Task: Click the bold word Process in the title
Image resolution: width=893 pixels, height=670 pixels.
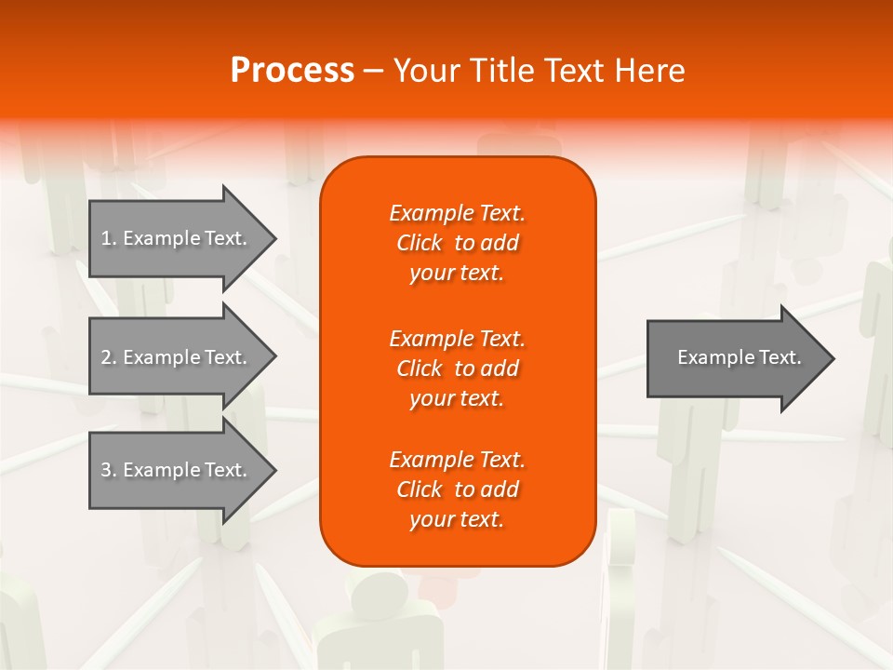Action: tap(292, 70)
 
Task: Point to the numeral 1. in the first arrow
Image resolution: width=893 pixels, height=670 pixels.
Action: tap(108, 238)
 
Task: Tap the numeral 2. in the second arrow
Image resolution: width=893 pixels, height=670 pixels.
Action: tap(108, 357)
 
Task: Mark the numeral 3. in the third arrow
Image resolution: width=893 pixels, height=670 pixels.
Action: tap(108, 470)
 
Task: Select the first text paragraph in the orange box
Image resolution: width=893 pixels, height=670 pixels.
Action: tap(457, 243)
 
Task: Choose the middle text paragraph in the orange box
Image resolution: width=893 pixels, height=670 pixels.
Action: tap(457, 368)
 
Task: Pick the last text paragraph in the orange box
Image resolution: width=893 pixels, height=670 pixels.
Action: tap(457, 489)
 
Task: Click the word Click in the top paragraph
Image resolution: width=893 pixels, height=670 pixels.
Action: tap(420, 243)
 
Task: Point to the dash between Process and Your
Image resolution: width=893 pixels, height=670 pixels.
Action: tap(373, 71)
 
